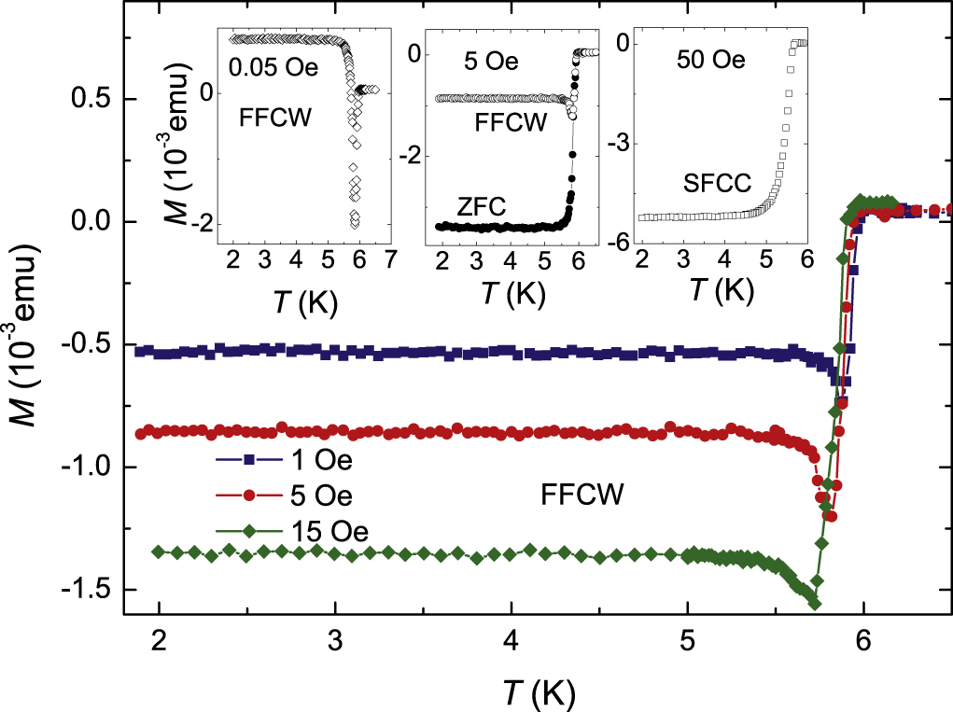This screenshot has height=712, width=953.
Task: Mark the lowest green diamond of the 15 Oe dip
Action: [814, 603]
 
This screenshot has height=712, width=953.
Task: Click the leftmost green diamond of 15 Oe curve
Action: [158, 551]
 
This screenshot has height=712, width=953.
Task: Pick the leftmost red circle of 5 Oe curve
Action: [141, 434]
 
